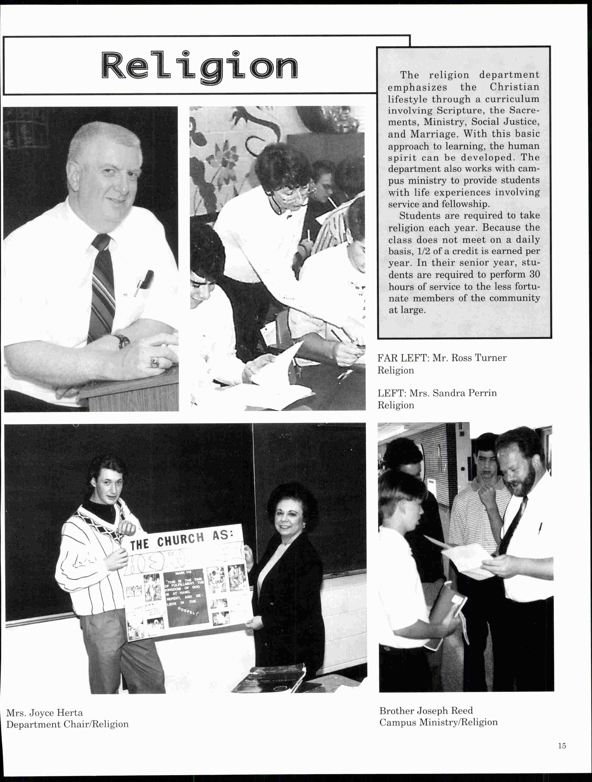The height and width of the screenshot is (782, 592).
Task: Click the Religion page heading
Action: (x=200, y=66)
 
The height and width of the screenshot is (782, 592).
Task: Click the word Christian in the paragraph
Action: (x=514, y=87)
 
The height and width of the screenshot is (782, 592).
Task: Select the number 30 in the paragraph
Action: (x=535, y=274)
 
